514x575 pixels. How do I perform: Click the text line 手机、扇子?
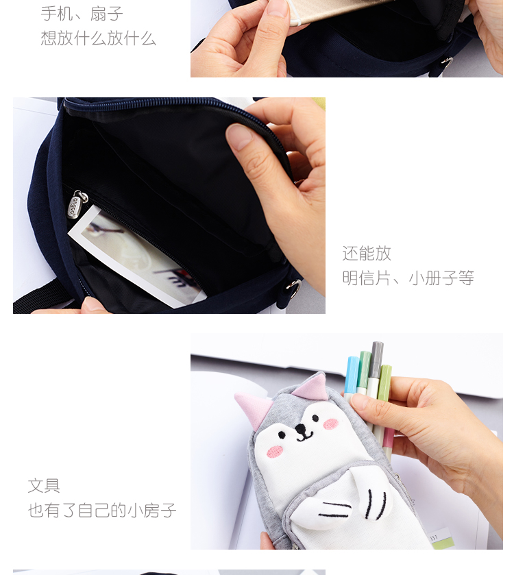point(82,13)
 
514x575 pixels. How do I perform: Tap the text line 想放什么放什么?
point(98,38)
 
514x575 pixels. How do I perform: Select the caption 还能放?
point(367,254)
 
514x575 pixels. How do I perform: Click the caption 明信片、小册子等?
point(408,278)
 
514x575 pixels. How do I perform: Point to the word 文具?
point(44,486)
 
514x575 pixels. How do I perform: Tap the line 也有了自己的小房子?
point(102,511)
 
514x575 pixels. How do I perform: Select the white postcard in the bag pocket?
point(137,257)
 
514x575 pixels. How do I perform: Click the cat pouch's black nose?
point(299,429)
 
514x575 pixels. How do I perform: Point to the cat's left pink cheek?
point(275,451)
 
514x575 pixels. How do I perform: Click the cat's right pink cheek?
point(331,424)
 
